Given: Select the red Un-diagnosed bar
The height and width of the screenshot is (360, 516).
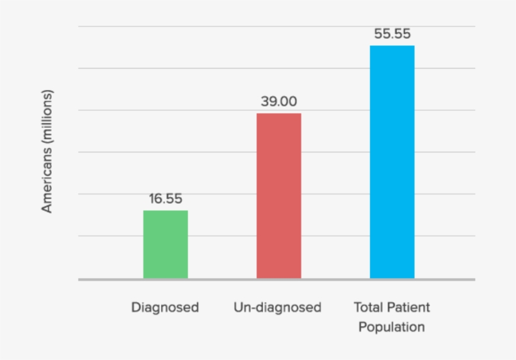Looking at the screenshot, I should pyautogui.click(x=279, y=196).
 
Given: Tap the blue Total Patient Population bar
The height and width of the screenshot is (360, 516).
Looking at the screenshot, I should pyautogui.click(x=392, y=162).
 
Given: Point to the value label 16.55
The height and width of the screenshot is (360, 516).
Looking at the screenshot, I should pyautogui.click(x=165, y=199).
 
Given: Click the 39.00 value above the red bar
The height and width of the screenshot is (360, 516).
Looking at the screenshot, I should pyautogui.click(x=279, y=101).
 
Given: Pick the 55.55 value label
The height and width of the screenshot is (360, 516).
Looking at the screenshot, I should pyautogui.click(x=392, y=34).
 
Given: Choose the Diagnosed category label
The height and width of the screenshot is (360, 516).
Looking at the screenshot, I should pyautogui.click(x=165, y=308).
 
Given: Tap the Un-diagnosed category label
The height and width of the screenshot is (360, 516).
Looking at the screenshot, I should pyautogui.click(x=278, y=308).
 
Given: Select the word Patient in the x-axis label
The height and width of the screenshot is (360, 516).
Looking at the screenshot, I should pyautogui.click(x=410, y=308).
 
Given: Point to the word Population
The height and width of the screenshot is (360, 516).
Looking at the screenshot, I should pyautogui.click(x=391, y=327).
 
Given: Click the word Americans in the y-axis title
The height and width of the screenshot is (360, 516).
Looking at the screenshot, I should pyautogui.click(x=48, y=182).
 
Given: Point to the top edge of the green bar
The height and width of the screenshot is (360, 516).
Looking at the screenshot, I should pyautogui.click(x=165, y=211).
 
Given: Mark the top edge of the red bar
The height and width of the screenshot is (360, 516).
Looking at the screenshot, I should pyautogui.click(x=279, y=114).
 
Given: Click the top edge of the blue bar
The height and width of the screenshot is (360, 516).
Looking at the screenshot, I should pyautogui.click(x=392, y=46).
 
